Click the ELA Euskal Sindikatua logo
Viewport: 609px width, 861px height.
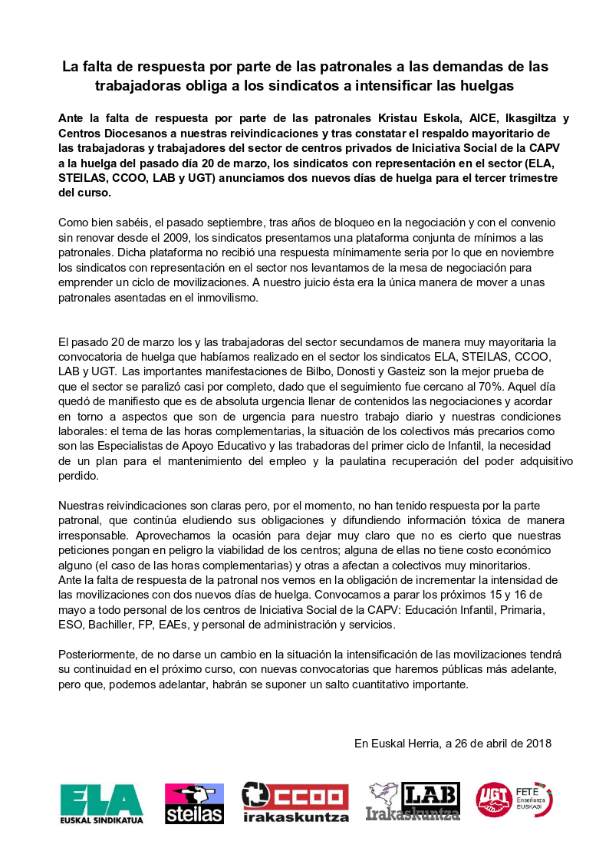[x=101, y=802]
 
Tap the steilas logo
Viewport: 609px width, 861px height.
[x=194, y=803]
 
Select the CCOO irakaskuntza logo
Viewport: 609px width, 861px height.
[x=295, y=802]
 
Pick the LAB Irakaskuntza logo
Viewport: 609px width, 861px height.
[x=413, y=802]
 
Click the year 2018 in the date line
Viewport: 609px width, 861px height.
[x=537, y=743]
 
